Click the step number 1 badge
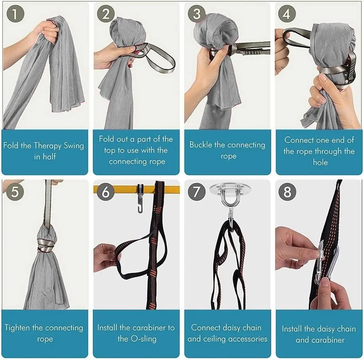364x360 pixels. pos(15,14)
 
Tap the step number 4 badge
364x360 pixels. pos(287,14)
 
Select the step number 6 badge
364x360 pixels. pos(106,192)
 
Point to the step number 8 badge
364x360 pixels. pos(287,192)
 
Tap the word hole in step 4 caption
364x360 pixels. pos(320,162)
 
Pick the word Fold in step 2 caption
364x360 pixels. pos(107,139)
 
